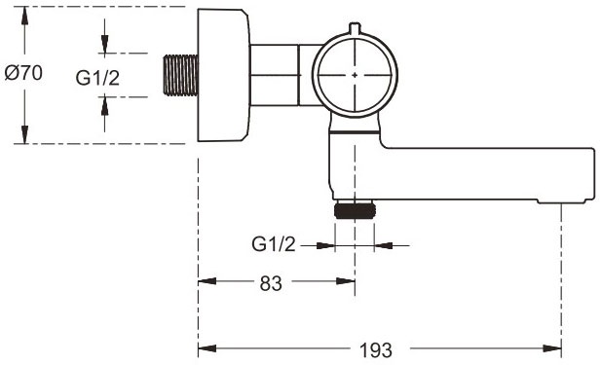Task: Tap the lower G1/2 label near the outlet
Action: pos(273,244)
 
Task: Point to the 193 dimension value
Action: pos(376,348)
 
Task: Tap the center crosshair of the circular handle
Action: pos(356,75)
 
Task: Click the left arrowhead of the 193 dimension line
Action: pos(205,347)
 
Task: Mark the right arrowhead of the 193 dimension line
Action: pos(554,347)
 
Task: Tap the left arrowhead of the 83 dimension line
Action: pos(205,283)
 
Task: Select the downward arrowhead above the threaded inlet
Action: pos(105,50)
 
